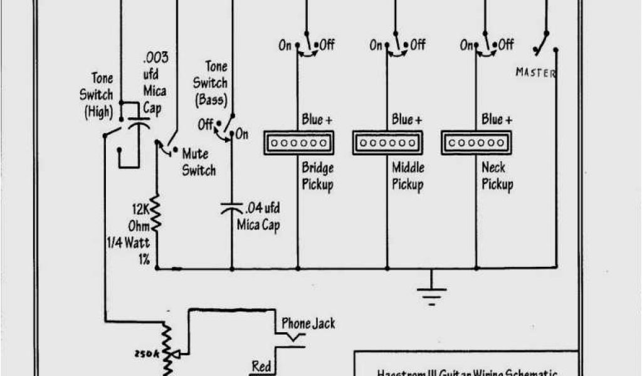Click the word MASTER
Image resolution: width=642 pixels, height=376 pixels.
click(x=535, y=73)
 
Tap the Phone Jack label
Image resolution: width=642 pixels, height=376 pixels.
click(x=308, y=323)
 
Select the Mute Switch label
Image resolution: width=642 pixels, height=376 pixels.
click(x=199, y=162)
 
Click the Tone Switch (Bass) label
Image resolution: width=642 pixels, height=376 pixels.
click(x=210, y=83)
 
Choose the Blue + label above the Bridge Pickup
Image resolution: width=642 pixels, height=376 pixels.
click(x=317, y=119)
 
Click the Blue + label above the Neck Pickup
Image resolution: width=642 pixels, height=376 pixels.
click(x=497, y=119)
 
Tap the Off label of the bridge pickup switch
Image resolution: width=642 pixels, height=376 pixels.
click(x=327, y=45)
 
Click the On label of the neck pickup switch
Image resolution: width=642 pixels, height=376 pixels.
click(x=467, y=45)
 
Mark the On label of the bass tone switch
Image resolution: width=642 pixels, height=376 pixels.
click(x=241, y=134)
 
